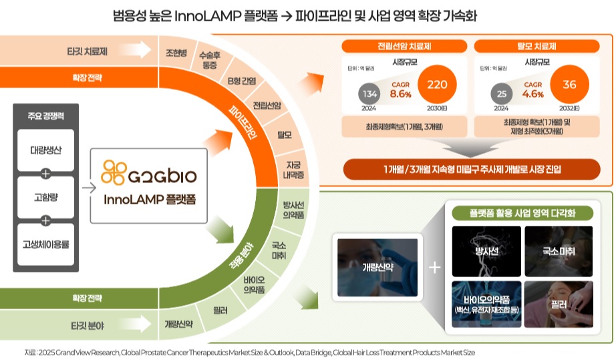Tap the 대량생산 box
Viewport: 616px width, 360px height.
coord(46,149)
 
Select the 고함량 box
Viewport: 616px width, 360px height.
coord(46,196)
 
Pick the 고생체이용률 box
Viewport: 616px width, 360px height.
coord(46,243)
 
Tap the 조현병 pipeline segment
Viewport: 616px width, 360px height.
coord(176,52)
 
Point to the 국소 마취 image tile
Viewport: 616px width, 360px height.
coord(558,251)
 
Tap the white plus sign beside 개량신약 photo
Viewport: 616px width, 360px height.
coord(434,267)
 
